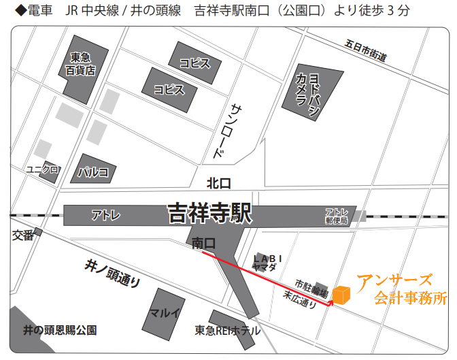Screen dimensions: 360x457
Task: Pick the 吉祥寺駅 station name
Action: pyautogui.click(x=209, y=214)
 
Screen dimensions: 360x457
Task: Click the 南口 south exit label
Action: pyautogui.click(x=204, y=243)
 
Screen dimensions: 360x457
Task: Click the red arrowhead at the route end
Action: pyautogui.click(x=331, y=302)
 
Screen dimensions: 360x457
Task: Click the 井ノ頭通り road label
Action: pyautogui.click(x=113, y=272)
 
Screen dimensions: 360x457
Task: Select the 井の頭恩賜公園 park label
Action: pyautogui.click(x=60, y=331)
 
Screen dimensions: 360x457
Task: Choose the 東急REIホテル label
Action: pyautogui.click(x=226, y=331)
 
